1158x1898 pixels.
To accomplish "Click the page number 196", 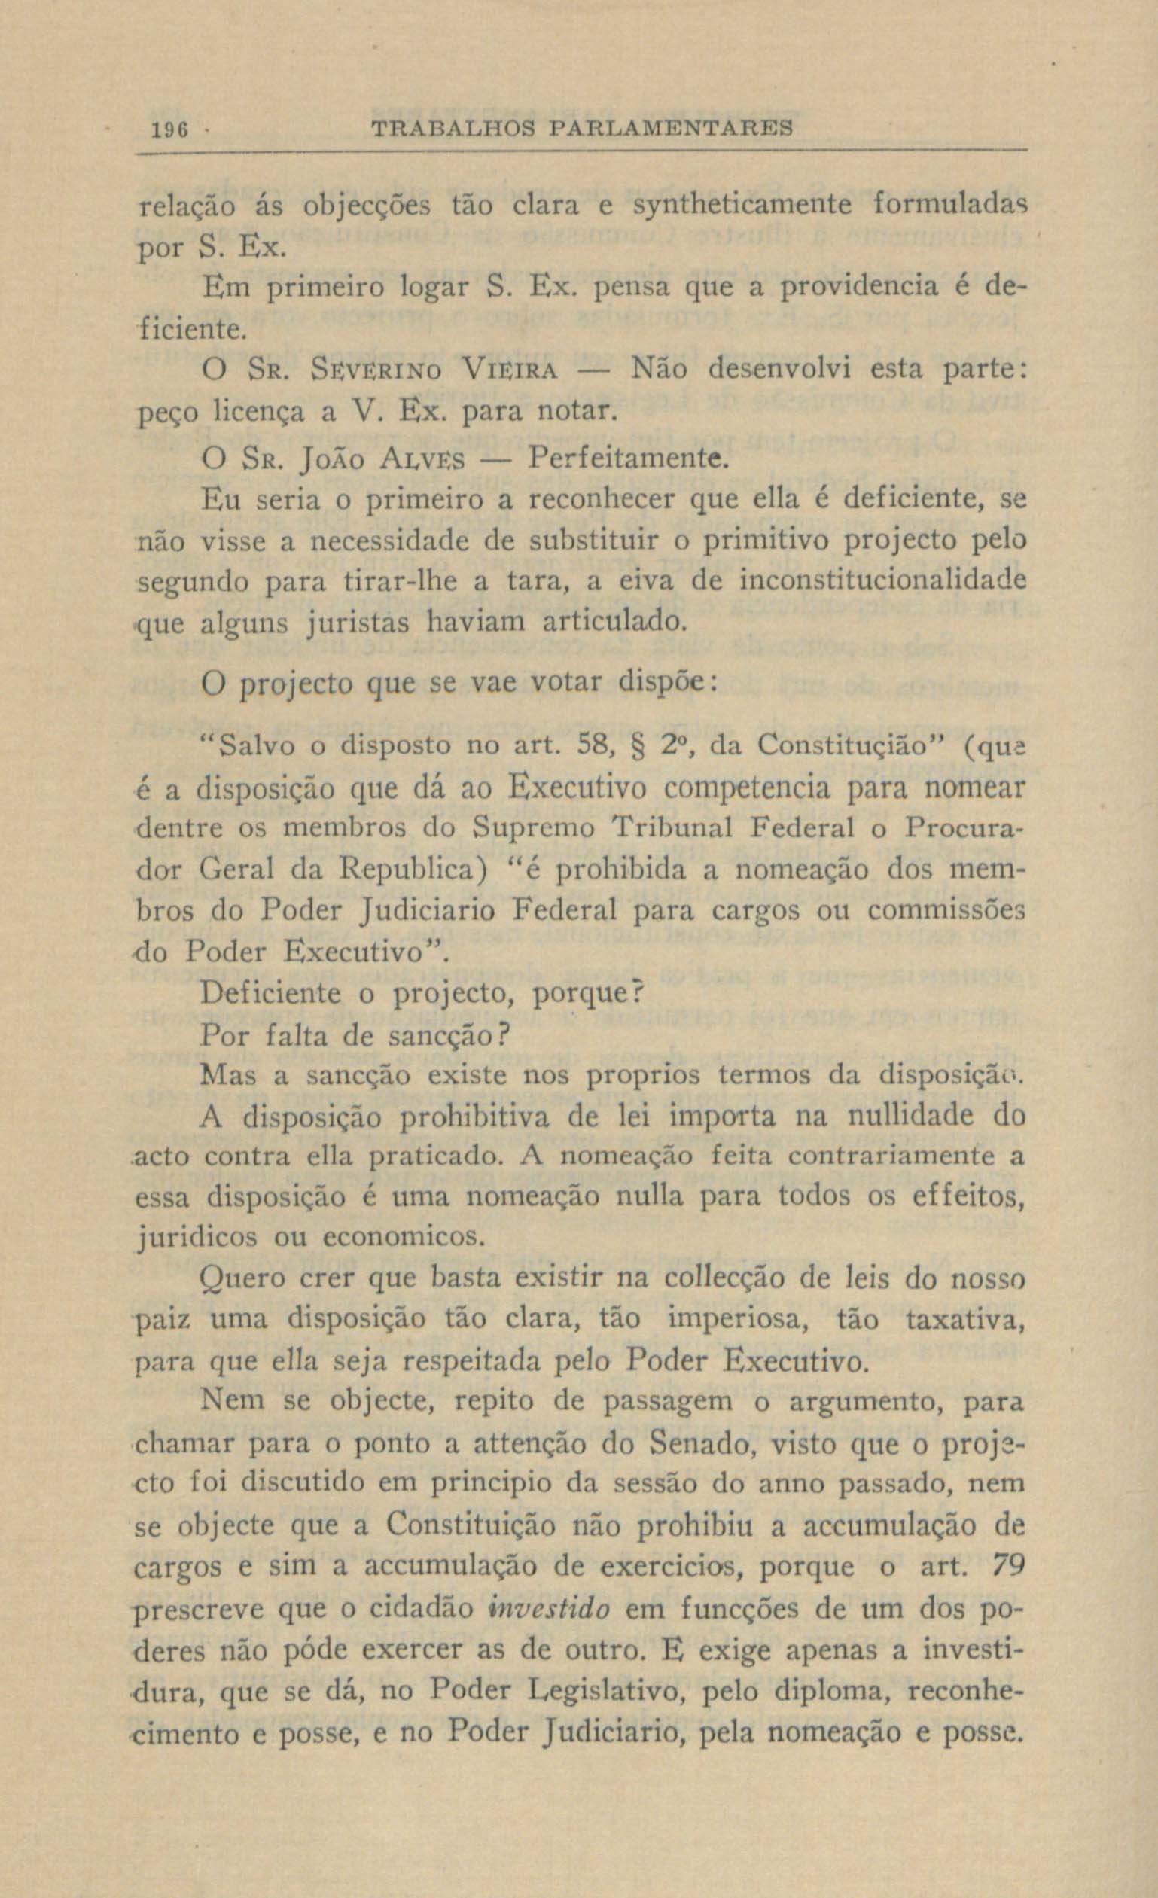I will click(166, 128).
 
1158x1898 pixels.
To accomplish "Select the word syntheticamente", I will click(742, 206).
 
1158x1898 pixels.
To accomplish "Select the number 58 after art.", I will click(593, 745).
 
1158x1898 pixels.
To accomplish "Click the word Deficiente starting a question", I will click(270, 994).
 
